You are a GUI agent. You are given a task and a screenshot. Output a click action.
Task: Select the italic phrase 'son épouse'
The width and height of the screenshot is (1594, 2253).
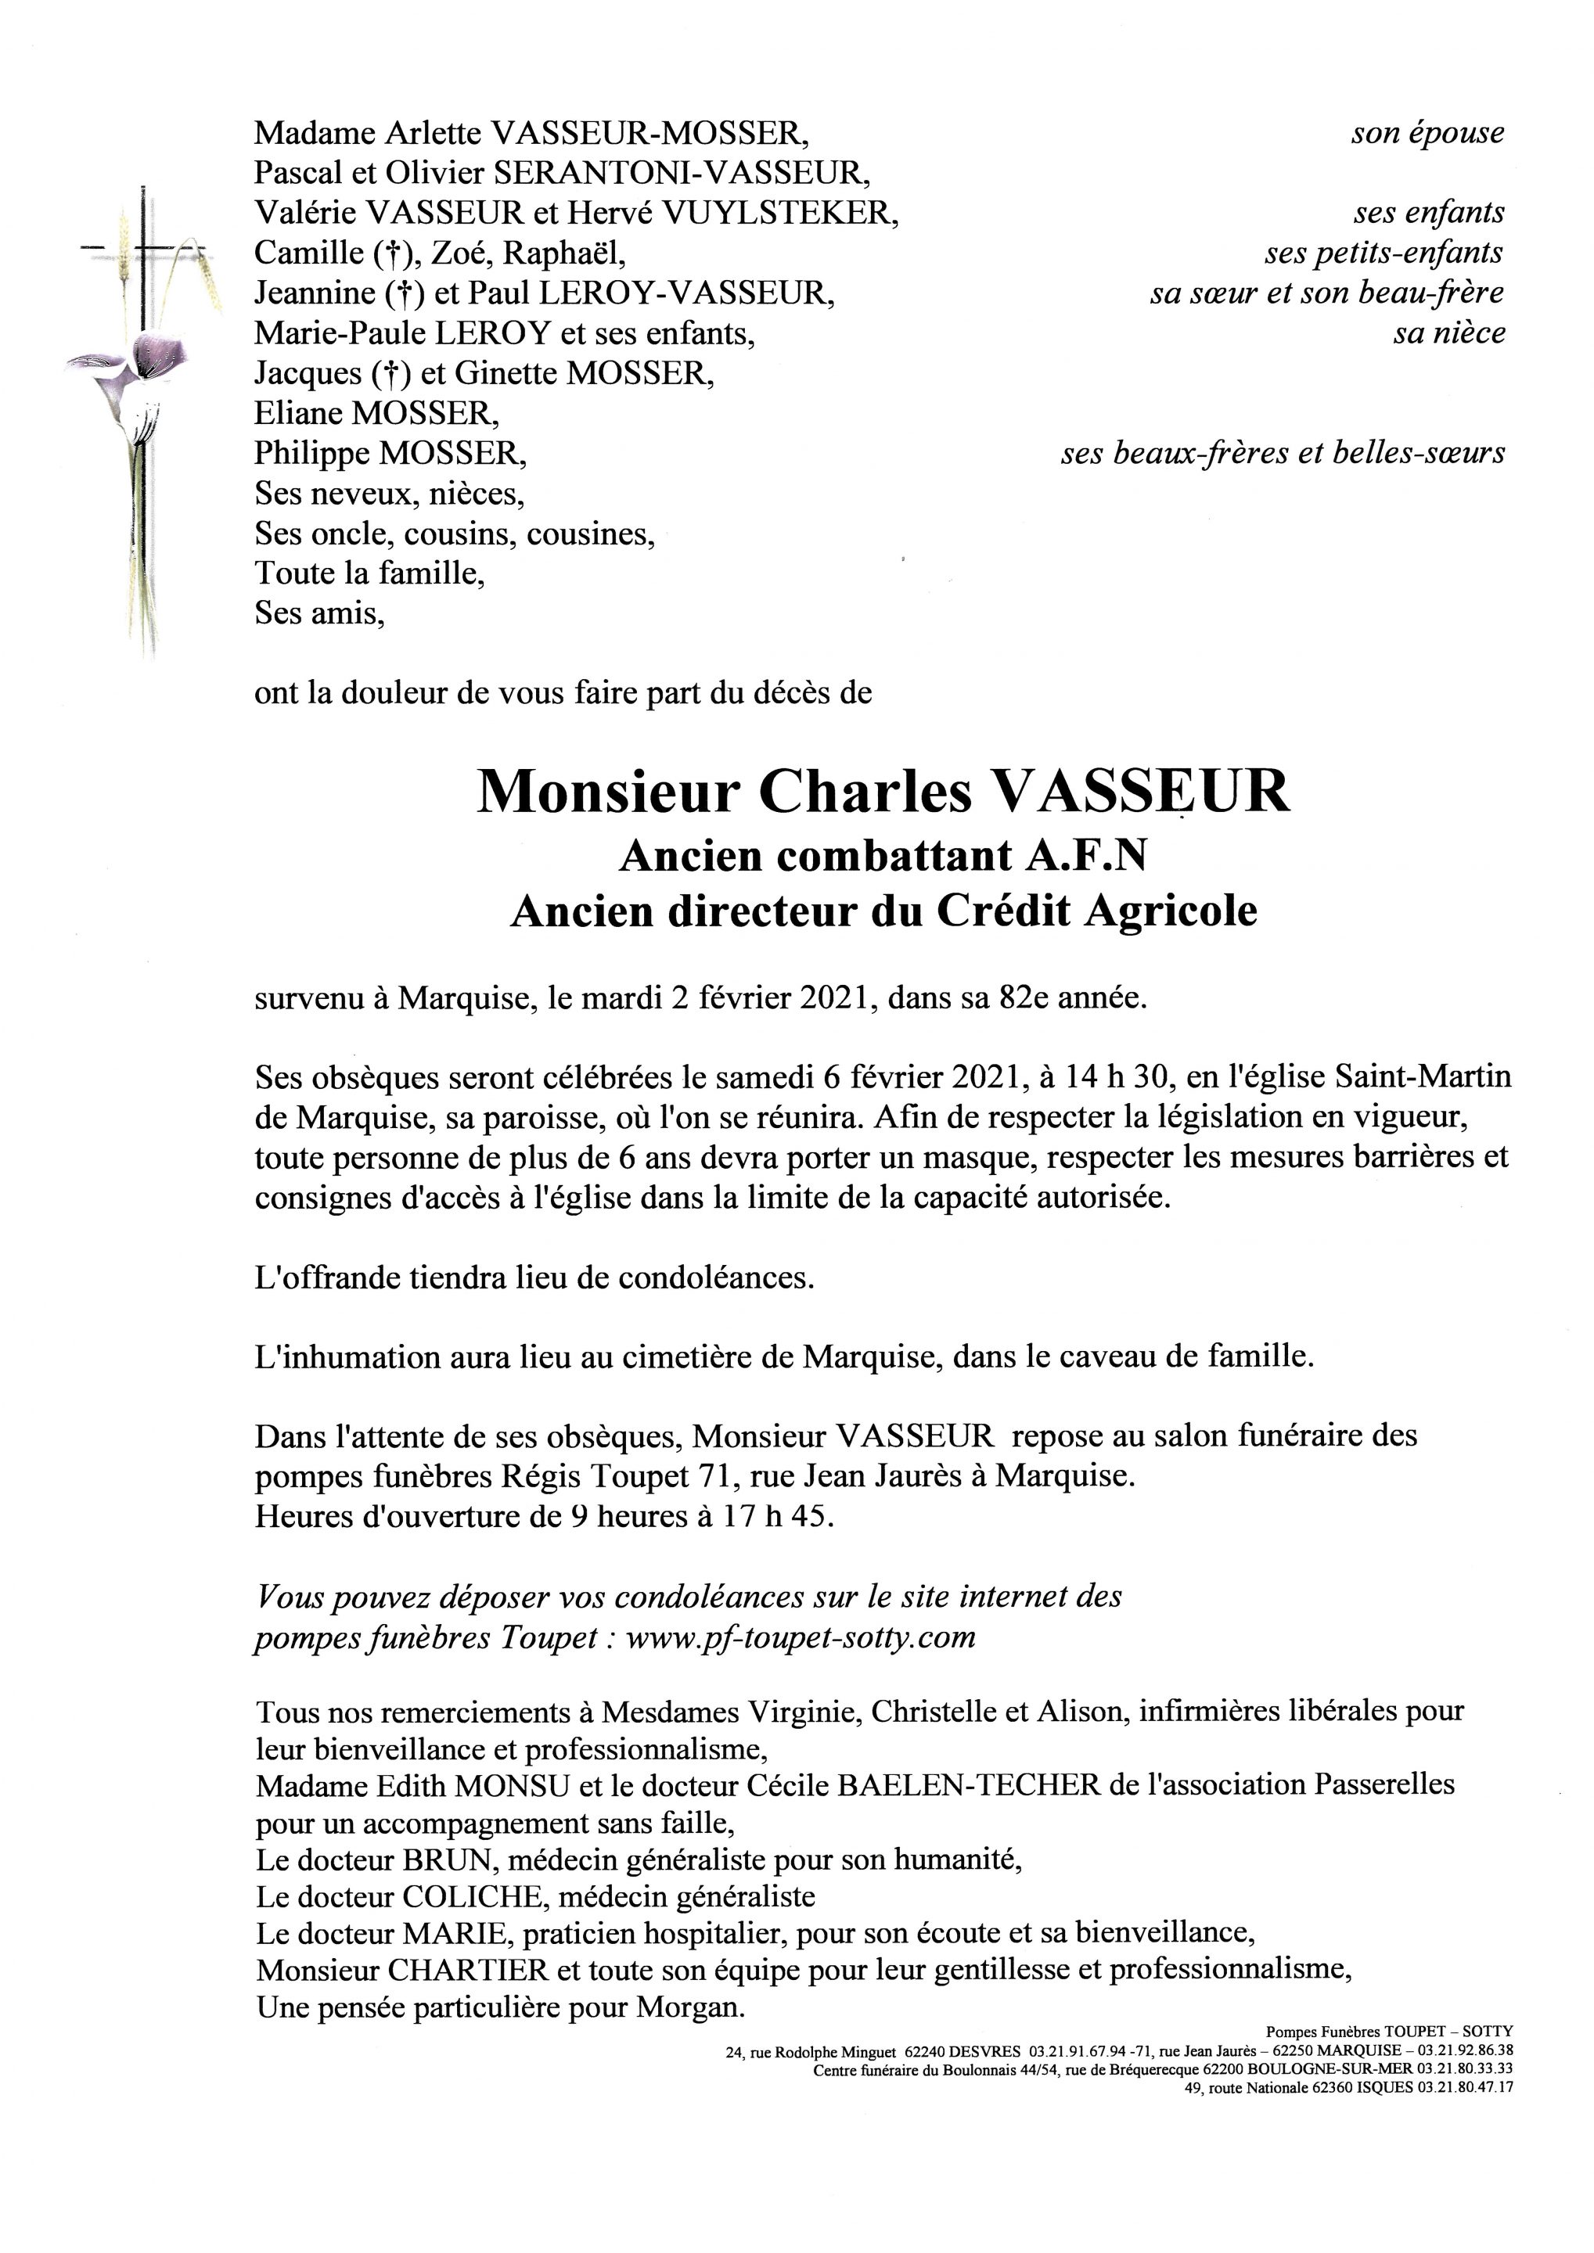coord(1427,134)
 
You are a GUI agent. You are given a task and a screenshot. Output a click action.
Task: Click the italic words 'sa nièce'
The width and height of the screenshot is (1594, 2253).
coord(1448,333)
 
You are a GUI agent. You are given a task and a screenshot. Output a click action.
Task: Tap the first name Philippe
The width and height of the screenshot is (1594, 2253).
coord(311,454)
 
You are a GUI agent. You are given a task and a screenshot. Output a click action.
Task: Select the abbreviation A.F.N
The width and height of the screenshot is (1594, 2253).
coord(1087,857)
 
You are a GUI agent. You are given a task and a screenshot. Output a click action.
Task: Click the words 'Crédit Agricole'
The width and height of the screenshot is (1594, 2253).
coord(1096,911)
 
